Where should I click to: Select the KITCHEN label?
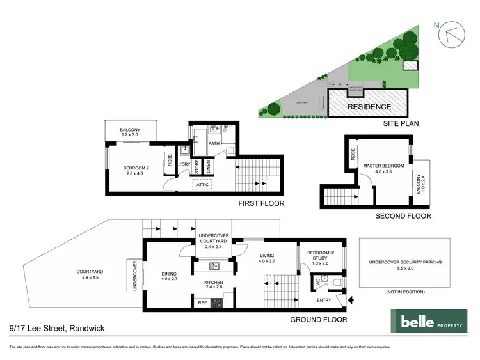212,282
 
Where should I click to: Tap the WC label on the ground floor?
317,280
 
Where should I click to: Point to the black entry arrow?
350,299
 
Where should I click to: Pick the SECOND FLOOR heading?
403,215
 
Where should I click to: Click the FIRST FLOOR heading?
261,203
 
